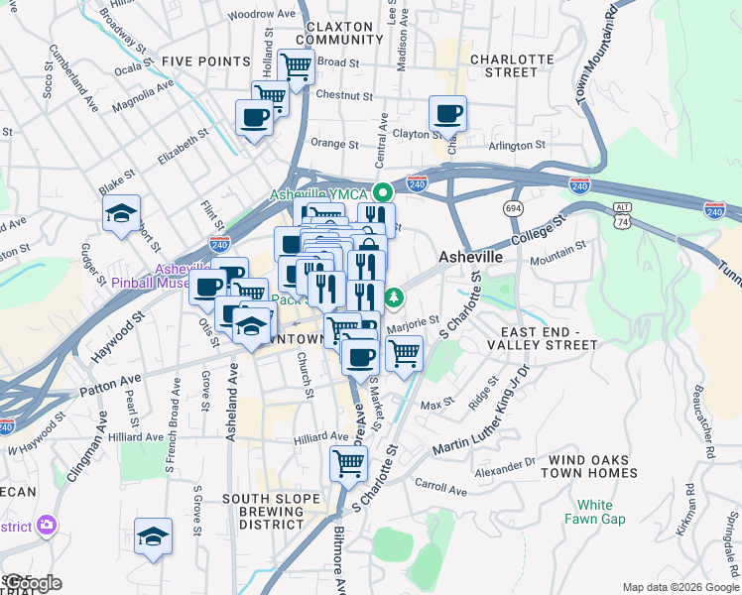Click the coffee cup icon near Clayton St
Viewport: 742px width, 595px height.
click(447, 113)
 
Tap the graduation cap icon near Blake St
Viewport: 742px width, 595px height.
click(122, 213)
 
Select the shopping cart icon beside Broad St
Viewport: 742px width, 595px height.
click(297, 66)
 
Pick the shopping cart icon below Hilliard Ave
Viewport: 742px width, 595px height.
click(348, 462)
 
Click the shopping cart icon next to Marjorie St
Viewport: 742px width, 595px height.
click(404, 352)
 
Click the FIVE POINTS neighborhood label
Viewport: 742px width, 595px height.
click(205, 61)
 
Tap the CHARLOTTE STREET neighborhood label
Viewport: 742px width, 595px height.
click(510, 65)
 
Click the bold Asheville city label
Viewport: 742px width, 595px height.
click(470, 257)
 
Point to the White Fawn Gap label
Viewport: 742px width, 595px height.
click(595, 512)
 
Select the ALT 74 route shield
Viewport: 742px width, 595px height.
click(621, 215)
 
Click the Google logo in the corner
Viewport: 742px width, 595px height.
click(32, 583)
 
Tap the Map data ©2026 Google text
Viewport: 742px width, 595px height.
click(680, 587)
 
